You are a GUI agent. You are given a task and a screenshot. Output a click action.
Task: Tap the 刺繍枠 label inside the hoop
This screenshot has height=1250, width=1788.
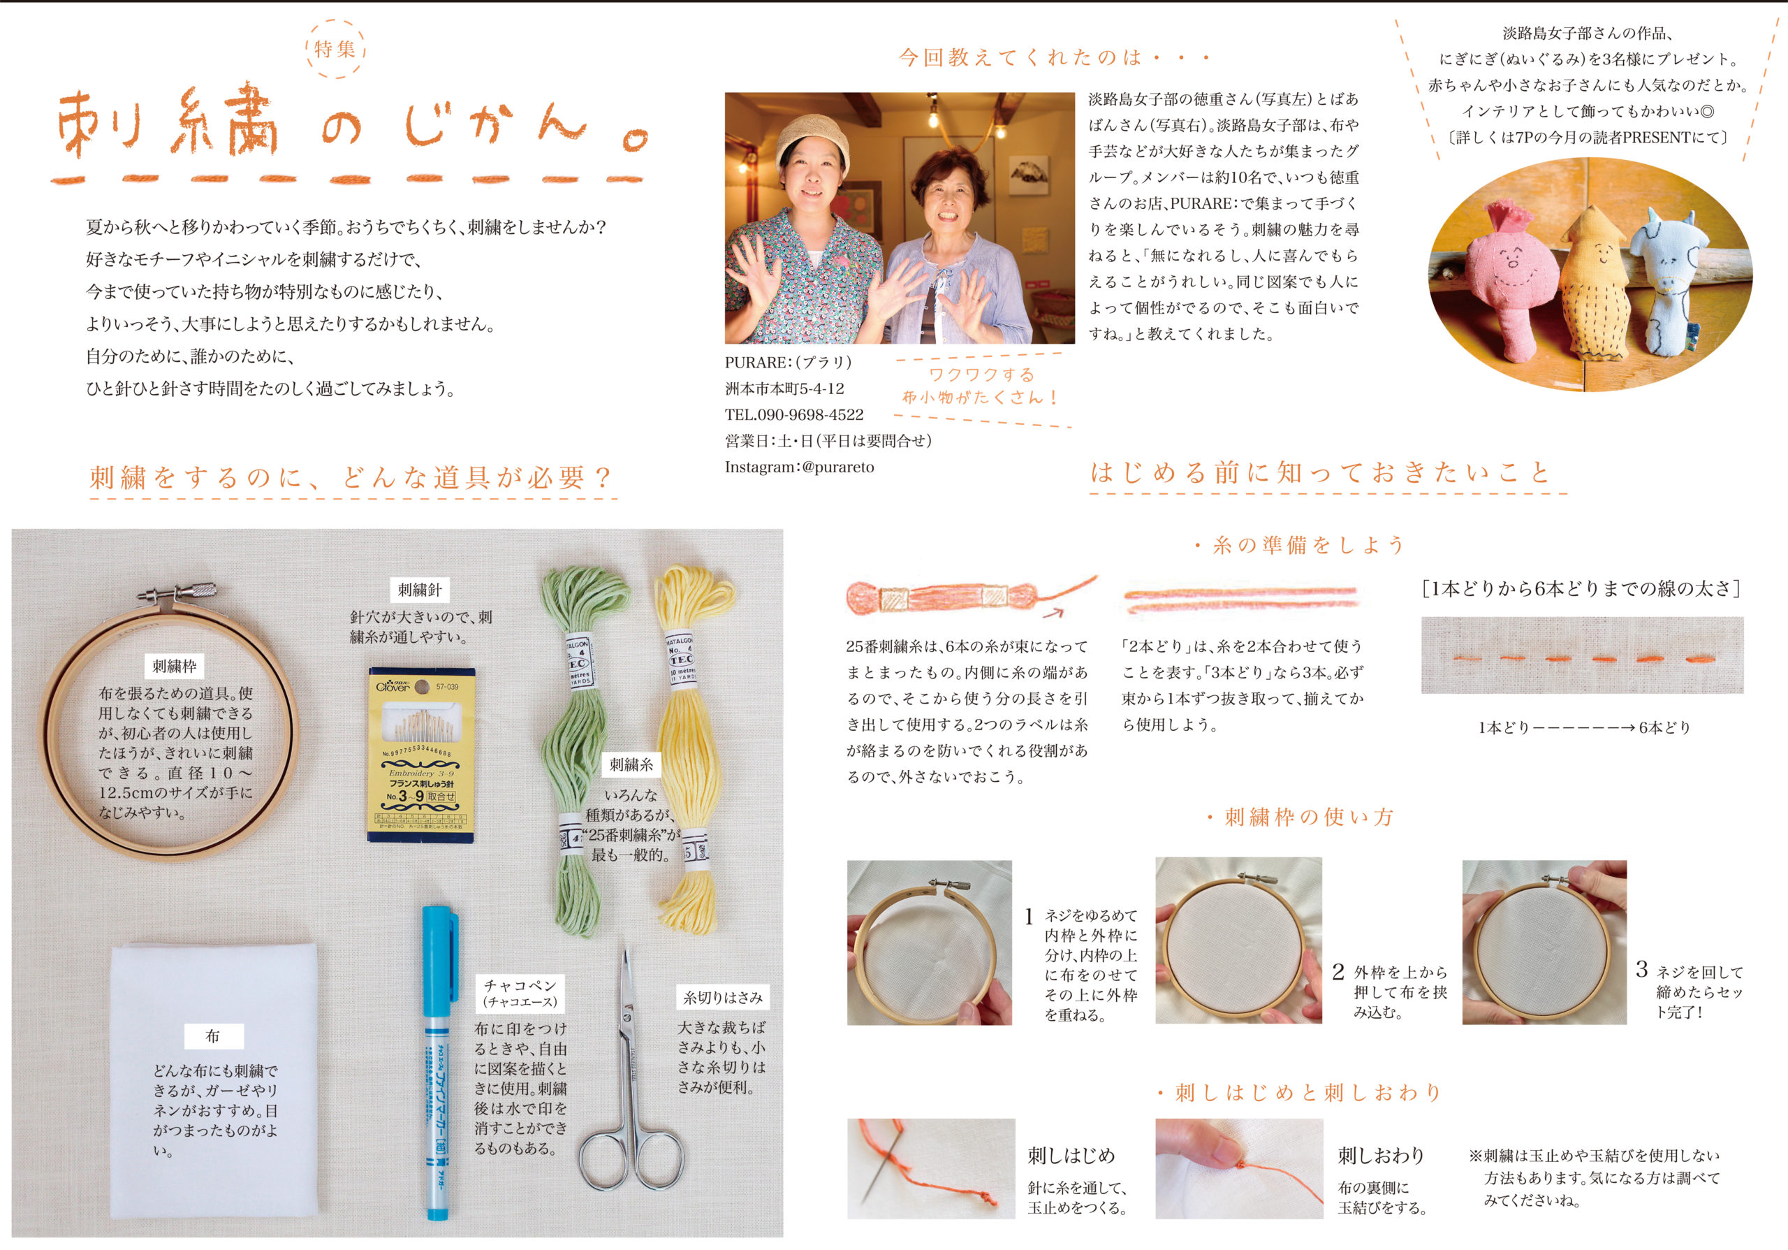coord(175,666)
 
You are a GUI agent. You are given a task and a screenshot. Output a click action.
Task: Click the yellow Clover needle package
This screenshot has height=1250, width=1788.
coord(421,754)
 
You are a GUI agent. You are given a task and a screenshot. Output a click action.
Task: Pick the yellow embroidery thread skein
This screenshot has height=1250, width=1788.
coord(691,748)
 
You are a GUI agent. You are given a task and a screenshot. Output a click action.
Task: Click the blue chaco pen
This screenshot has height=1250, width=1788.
coord(439,1062)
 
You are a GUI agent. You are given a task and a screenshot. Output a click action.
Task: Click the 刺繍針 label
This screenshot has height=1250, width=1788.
coord(420,590)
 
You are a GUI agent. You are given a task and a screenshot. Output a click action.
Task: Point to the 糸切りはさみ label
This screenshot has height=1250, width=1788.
coord(723,998)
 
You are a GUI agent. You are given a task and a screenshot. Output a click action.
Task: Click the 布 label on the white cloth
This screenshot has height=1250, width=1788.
coord(212,1035)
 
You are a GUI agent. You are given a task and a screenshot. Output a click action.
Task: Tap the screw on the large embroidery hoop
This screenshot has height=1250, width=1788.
coord(178,591)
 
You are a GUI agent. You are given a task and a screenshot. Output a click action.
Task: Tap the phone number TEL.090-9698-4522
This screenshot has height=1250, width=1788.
coord(794,415)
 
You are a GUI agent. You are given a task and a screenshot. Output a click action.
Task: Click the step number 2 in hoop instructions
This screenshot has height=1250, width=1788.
coord(1338,972)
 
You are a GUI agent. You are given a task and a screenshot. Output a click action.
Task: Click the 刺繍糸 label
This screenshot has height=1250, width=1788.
coord(631,765)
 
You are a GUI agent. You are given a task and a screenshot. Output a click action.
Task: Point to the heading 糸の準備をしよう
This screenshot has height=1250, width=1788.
coord(1299,545)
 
